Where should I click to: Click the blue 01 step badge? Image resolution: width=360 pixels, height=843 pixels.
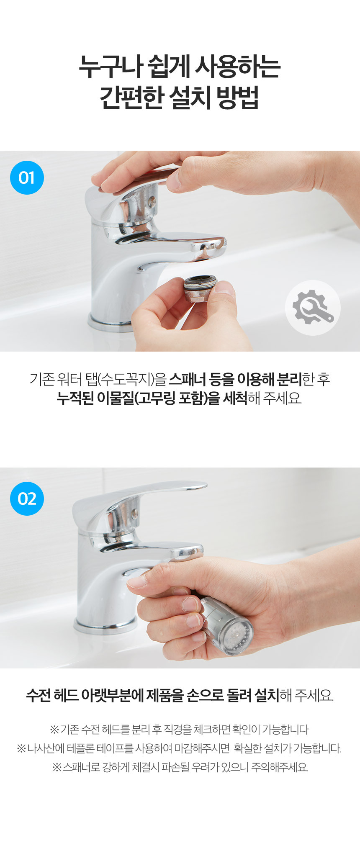pos(27,177)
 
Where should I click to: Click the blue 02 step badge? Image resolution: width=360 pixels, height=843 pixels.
pos(27,499)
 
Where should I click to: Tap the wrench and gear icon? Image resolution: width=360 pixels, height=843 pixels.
pos(313,308)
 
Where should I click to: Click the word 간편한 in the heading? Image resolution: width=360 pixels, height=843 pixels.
pos(132,98)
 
